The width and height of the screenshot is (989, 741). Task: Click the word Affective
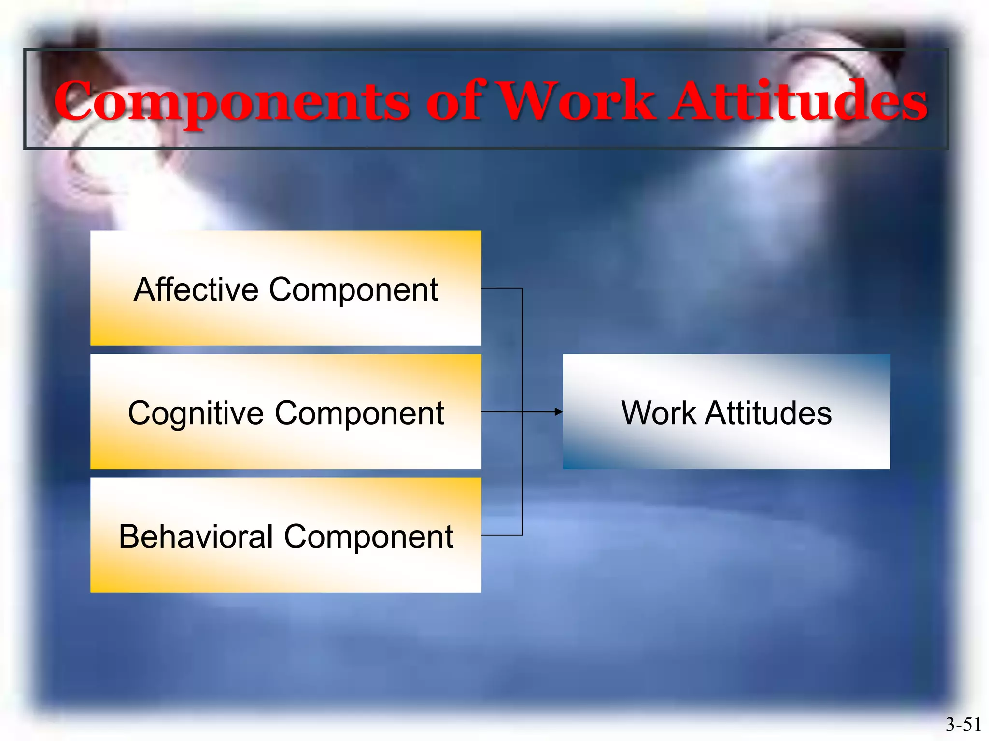196,289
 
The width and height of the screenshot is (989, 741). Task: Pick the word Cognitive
196,413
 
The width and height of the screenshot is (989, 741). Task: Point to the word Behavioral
196,536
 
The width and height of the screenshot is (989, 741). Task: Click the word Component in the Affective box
353,290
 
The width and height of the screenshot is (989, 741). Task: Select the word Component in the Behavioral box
368,537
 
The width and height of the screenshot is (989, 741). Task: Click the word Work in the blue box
659,413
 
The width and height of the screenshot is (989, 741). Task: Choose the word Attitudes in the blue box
768,413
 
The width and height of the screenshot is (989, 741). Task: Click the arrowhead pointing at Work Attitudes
559,412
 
